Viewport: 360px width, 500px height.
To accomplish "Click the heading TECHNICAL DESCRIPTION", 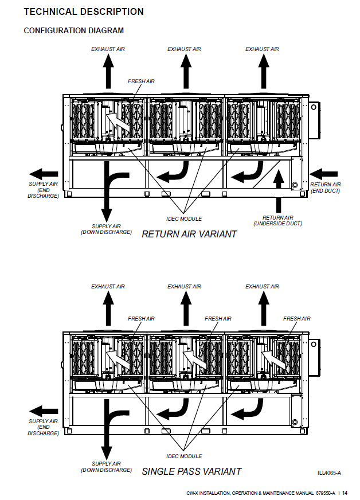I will click(x=84, y=11).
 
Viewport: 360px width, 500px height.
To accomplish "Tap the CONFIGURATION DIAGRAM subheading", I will click(x=73, y=30).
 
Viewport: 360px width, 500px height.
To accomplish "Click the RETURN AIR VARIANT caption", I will click(x=189, y=234).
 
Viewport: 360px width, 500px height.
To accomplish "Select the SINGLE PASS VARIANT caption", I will click(x=191, y=471).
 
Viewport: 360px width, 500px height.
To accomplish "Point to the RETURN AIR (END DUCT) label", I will click(x=325, y=187).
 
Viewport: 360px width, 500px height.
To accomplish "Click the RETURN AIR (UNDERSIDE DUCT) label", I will click(x=278, y=221).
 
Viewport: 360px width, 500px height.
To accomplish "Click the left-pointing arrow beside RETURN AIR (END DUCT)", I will click(x=323, y=173).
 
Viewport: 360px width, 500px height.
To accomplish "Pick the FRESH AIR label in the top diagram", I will click(x=141, y=81).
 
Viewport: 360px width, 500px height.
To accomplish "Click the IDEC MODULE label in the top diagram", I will click(x=183, y=219).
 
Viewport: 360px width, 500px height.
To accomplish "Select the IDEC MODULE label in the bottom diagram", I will click(x=183, y=456).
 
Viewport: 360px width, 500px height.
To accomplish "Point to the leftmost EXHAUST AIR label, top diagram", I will click(x=108, y=49).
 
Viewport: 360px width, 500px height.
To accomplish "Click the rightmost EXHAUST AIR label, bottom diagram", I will click(x=262, y=287).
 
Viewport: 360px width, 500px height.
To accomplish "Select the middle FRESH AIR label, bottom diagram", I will click(x=218, y=319).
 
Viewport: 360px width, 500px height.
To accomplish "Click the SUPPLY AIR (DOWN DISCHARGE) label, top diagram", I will click(x=106, y=229).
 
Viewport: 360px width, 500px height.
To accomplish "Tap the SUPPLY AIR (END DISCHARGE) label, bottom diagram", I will click(x=44, y=427).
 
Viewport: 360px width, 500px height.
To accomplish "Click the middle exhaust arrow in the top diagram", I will click(x=184, y=72).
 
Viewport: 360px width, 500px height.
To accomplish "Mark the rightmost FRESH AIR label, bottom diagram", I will click(x=296, y=319).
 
